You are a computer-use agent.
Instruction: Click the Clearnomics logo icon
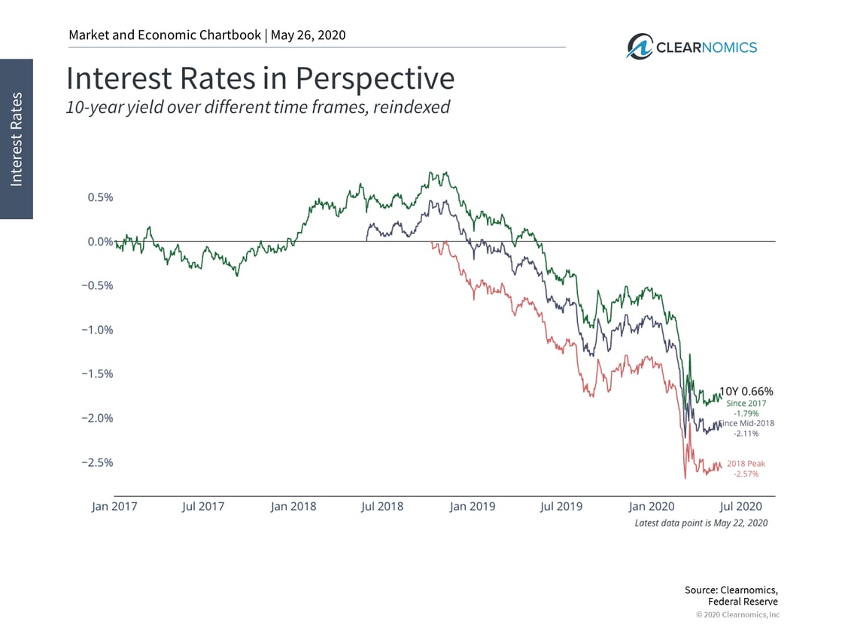(640, 47)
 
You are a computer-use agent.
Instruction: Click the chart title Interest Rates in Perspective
(260, 78)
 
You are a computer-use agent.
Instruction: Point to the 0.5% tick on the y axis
(97, 197)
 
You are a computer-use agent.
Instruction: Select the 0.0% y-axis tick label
(97, 242)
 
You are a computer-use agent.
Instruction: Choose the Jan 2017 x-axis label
(114, 506)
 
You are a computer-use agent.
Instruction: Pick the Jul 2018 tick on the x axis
(382, 506)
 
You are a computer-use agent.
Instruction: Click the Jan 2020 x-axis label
(652, 506)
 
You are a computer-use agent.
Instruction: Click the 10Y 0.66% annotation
(746, 392)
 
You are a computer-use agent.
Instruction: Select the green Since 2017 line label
(746, 404)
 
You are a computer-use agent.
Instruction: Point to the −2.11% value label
(746, 434)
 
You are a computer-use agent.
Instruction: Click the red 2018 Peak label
(746, 464)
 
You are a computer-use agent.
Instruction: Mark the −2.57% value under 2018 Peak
(746, 474)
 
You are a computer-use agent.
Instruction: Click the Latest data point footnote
(701, 523)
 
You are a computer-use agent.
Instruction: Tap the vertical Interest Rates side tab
(17, 139)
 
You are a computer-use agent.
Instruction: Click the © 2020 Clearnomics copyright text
(737, 615)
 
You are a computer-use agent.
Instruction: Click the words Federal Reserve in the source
(743, 602)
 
